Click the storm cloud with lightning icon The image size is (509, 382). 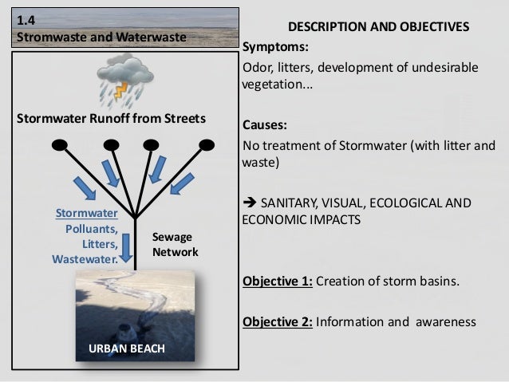click(x=126, y=80)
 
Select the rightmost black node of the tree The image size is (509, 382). click(x=207, y=145)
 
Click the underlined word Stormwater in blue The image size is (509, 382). click(x=87, y=214)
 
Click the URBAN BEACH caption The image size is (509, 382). click(x=128, y=349)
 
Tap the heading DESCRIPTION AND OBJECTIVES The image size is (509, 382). click(x=378, y=27)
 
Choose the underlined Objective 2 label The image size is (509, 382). click(x=277, y=322)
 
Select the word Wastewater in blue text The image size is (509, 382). click(x=85, y=258)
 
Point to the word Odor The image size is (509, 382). click(x=258, y=68)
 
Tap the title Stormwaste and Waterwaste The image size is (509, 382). click(x=101, y=37)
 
